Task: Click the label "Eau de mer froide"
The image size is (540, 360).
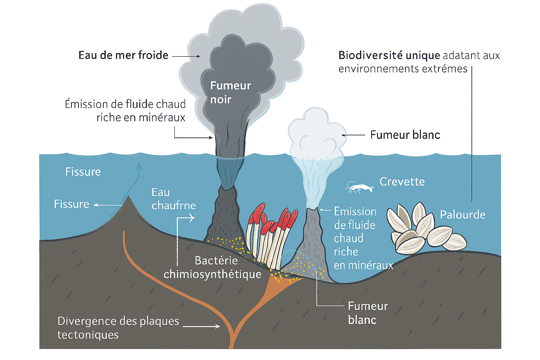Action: point(123,56)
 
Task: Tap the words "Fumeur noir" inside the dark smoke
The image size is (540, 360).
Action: point(230,92)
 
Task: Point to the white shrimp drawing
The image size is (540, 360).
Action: point(359,188)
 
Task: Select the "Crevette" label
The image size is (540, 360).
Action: point(402,182)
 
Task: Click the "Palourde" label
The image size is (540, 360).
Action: point(462,214)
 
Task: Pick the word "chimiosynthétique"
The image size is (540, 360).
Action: point(212,274)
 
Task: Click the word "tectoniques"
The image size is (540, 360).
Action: point(88,335)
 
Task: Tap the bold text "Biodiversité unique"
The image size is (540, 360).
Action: point(389,56)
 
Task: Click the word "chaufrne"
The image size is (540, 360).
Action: point(174,205)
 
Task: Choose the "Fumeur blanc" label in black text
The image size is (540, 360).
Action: point(405,135)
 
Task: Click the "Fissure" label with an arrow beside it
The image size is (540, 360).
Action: point(72,204)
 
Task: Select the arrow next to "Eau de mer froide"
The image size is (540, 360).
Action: point(186,56)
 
